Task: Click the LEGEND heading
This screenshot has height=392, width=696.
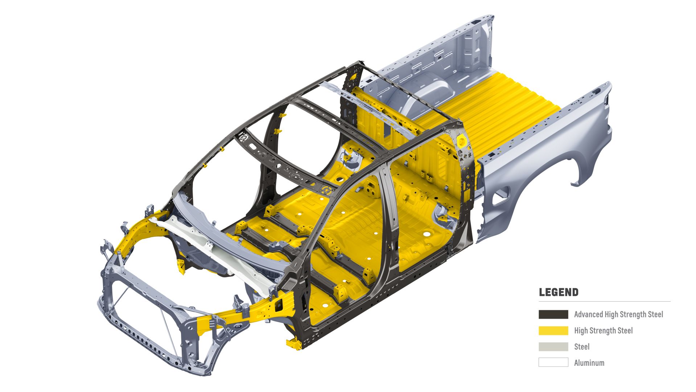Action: (x=559, y=292)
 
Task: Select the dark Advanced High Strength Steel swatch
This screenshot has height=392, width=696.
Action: (x=553, y=314)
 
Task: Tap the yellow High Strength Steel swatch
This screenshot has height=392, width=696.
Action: (x=553, y=331)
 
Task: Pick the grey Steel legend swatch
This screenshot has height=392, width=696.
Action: (x=553, y=347)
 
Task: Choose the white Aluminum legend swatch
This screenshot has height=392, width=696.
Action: (x=553, y=362)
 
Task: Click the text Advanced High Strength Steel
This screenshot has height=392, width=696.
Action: (x=618, y=314)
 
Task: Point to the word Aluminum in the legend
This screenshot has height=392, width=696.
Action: (x=589, y=363)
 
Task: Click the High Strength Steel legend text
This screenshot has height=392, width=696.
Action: (x=603, y=331)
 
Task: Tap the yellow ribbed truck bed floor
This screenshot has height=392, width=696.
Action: (x=508, y=105)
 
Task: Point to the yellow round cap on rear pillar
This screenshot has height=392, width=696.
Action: (x=462, y=141)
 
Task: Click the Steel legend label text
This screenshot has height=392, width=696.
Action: (x=582, y=347)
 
